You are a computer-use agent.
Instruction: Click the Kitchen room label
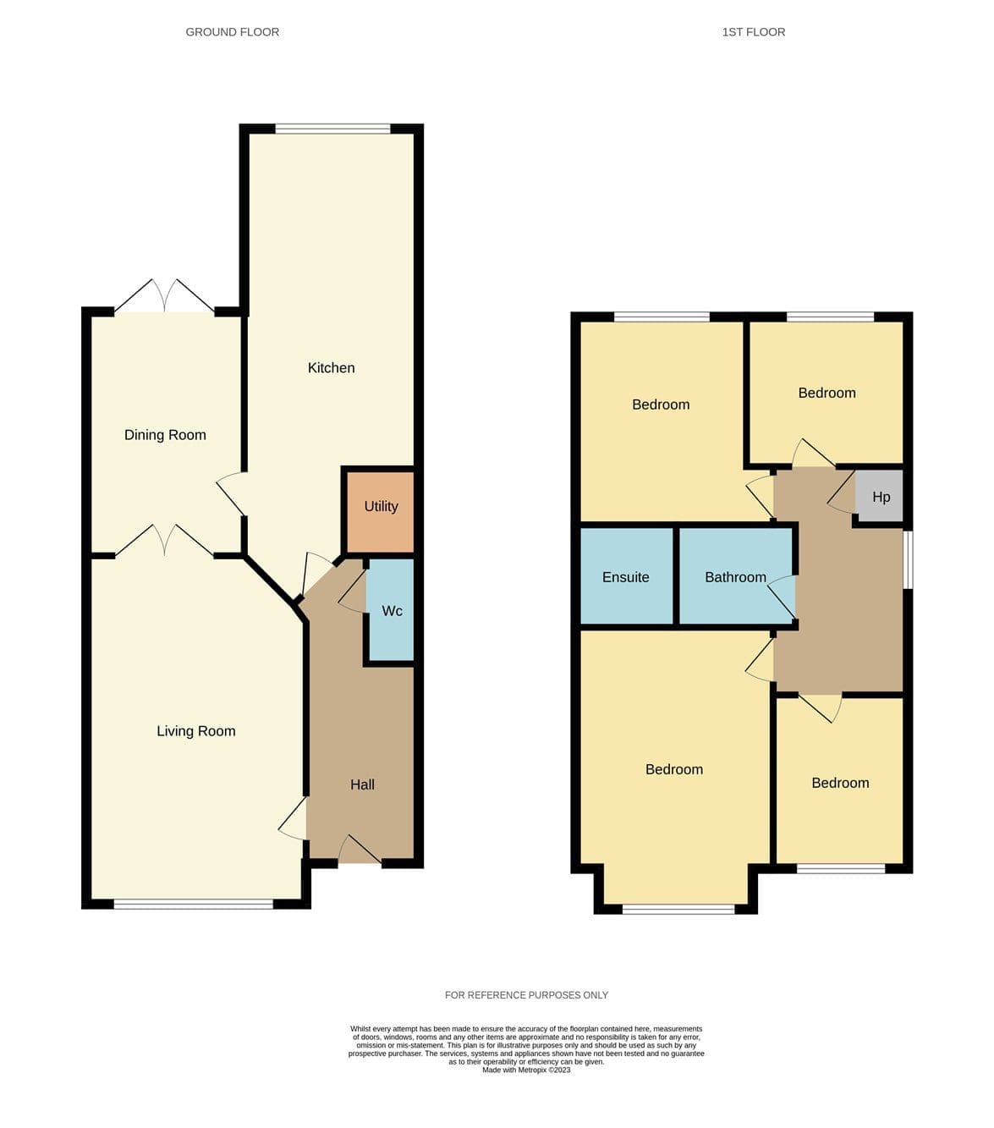(x=331, y=368)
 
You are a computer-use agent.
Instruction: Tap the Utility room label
(x=382, y=507)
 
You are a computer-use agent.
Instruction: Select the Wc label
(x=392, y=611)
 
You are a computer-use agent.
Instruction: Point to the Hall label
(x=362, y=785)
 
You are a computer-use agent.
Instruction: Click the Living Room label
(x=196, y=732)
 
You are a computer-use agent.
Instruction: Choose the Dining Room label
(x=165, y=436)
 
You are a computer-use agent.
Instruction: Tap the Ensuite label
(x=625, y=577)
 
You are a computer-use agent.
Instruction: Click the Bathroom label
(x=735, y=577)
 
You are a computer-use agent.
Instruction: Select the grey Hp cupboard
(x=878, y=496)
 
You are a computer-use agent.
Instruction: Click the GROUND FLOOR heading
(x=232, y=32)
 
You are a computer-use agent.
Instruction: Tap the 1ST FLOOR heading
(x=754, y=32)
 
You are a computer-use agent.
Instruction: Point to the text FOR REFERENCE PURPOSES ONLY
(x=526, y=995)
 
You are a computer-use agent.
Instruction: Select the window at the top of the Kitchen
(x=332, y=129)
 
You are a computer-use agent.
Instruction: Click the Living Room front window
(x=194, y=905)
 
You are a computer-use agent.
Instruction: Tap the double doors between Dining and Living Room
(x=165, y=541)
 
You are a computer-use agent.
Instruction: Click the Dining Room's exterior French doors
(x=165, y=295)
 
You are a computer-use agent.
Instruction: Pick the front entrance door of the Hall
(x=360, y=850)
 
